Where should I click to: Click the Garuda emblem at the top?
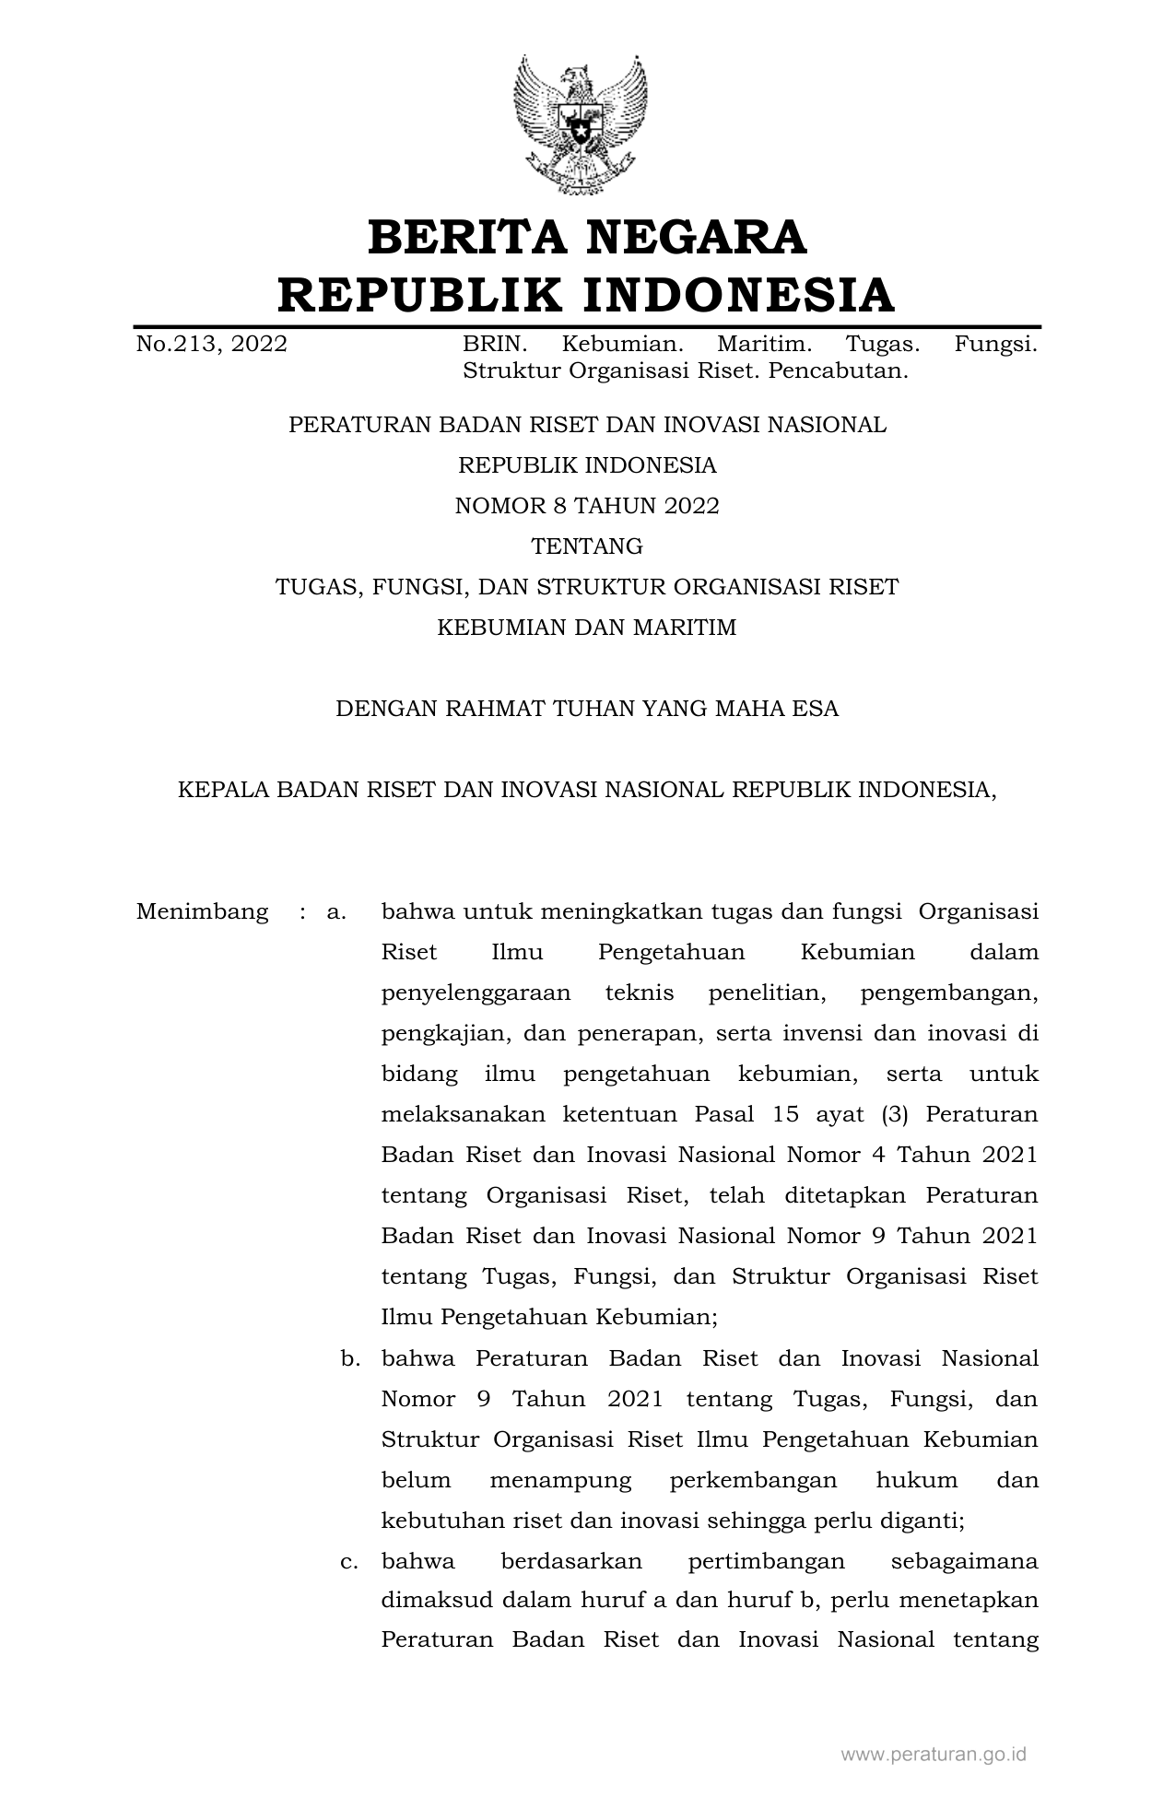coord(581,124)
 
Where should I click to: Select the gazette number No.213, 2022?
coord(211,345)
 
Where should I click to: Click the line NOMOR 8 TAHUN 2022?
coord(587,506)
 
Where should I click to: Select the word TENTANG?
coord(587,546)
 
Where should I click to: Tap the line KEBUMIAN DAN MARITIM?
coord(587,628)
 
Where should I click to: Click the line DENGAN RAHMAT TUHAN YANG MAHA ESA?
coord(587,709)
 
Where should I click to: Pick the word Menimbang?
coord(202,912)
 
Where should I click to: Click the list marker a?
coord(336,912)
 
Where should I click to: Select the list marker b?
coord(349,1358)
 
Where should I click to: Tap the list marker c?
coord(349,1561)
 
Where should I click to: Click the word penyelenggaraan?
coord(476,993)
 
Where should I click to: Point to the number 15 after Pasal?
coord(786,1115)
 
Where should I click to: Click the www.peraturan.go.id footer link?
coord(934,1756)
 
